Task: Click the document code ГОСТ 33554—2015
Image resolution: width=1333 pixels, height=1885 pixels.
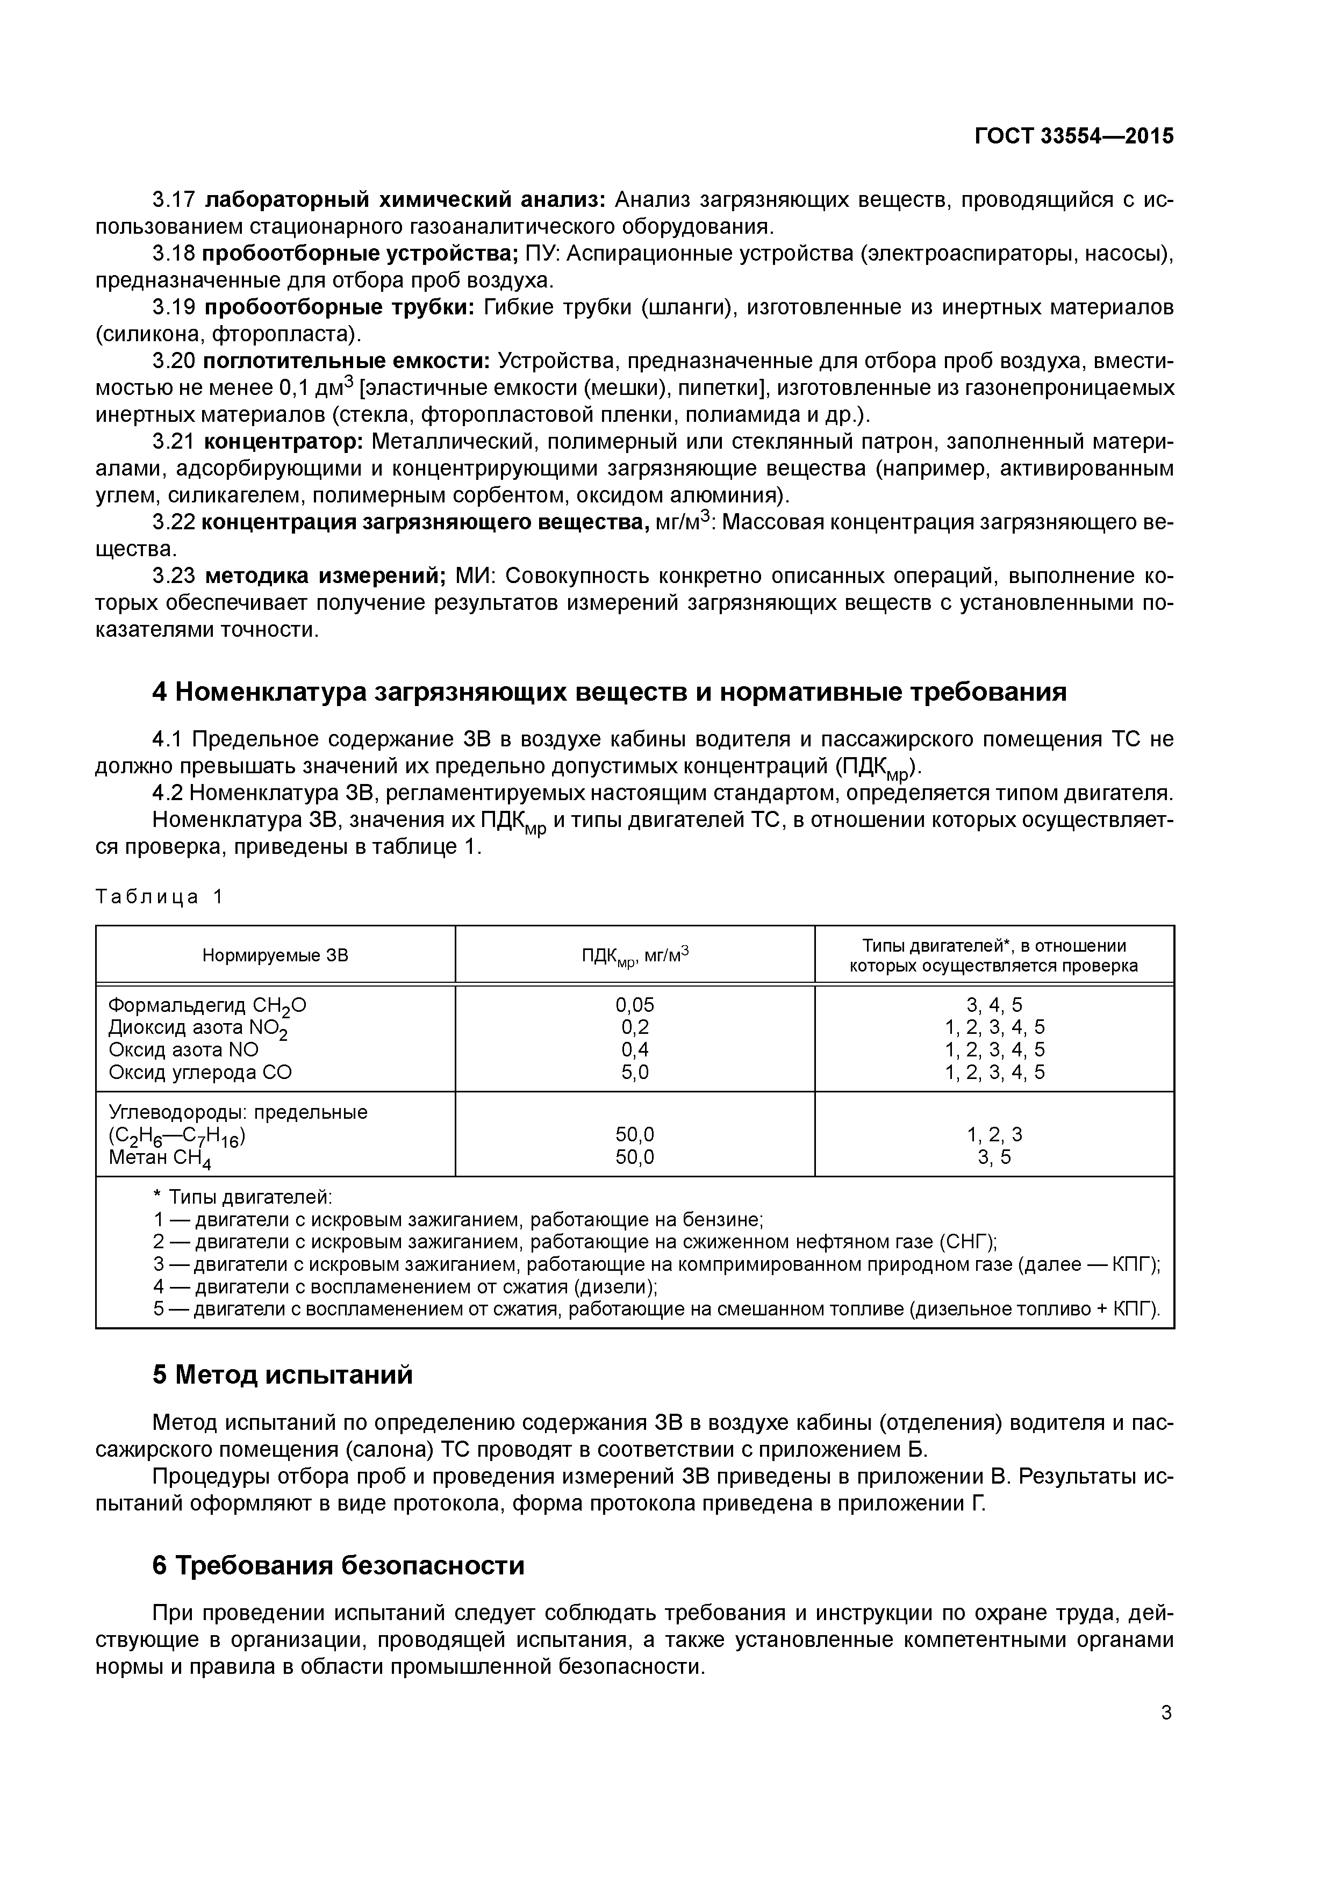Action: click(x=1073, y=136)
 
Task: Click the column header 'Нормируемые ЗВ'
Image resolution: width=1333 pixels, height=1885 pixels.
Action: click(x=275, y=955)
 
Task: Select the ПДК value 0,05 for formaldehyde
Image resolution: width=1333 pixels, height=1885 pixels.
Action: click(x=635, y=1005)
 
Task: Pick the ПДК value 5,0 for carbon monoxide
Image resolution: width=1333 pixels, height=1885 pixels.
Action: click(x=635, y=1072)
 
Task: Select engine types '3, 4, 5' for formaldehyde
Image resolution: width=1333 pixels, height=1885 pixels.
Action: click(x=994, y=1005)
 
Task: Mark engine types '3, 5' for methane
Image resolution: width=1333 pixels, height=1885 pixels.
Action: click(x=994, y=1157)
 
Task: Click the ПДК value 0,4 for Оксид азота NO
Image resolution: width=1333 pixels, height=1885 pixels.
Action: click(x=635, y=1050)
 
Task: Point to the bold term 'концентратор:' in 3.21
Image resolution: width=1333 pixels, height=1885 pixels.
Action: click(x=283, y=442)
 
